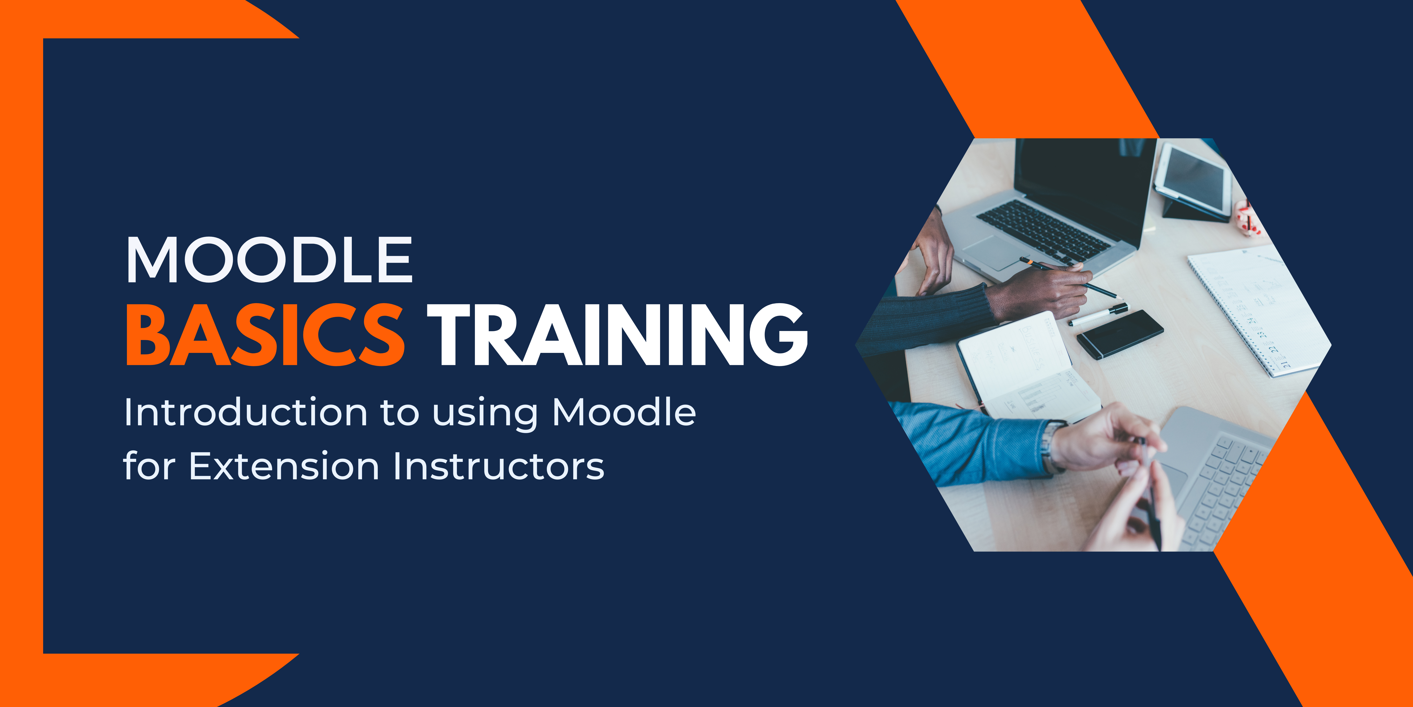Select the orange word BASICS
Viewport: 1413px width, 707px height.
[x=266, y=335]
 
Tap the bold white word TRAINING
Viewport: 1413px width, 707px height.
[x=617, y=335]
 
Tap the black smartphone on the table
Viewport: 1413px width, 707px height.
[x=1120, y=334]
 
